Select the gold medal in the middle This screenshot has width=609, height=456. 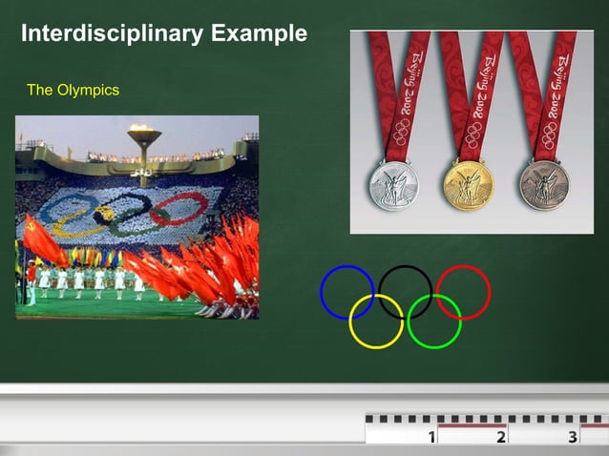pos(468,184)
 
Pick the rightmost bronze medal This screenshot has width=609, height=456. pos(544,184)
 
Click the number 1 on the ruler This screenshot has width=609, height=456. pos(431,437)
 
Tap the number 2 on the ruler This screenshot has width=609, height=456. pos(501,437)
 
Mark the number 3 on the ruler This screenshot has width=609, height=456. pos(572,437)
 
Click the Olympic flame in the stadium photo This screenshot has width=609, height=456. pos(144,129)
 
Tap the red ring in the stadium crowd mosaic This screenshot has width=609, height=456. pos(178,208)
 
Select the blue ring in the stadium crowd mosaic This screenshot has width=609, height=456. pos(66,204)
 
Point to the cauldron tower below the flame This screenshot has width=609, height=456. pos(144,157)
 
